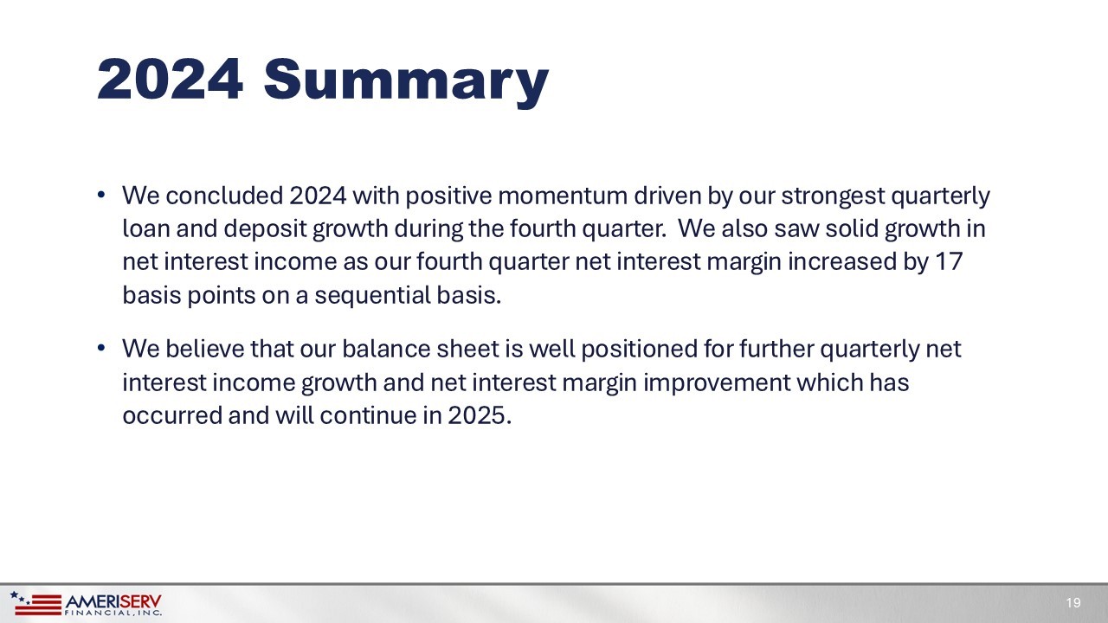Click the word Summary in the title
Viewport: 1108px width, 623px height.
pyautogui.click(x=406, y=82)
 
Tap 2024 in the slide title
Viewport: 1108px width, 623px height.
pyautogui.click(x=171, y=79)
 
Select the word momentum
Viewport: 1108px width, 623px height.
pyautogui.click(x=563, y=196)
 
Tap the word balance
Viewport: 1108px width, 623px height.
pyautogui.click(x=386, y=349)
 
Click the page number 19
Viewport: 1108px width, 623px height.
pyautogui.click(x=1073, y=603)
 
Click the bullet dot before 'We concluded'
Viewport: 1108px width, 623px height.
pyautogui.click(x=101, y=195)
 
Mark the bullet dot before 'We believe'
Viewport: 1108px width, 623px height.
pyautogui.click(x=101, y=348)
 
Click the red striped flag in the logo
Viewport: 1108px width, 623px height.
pyautogui.click(x=37, y=605)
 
